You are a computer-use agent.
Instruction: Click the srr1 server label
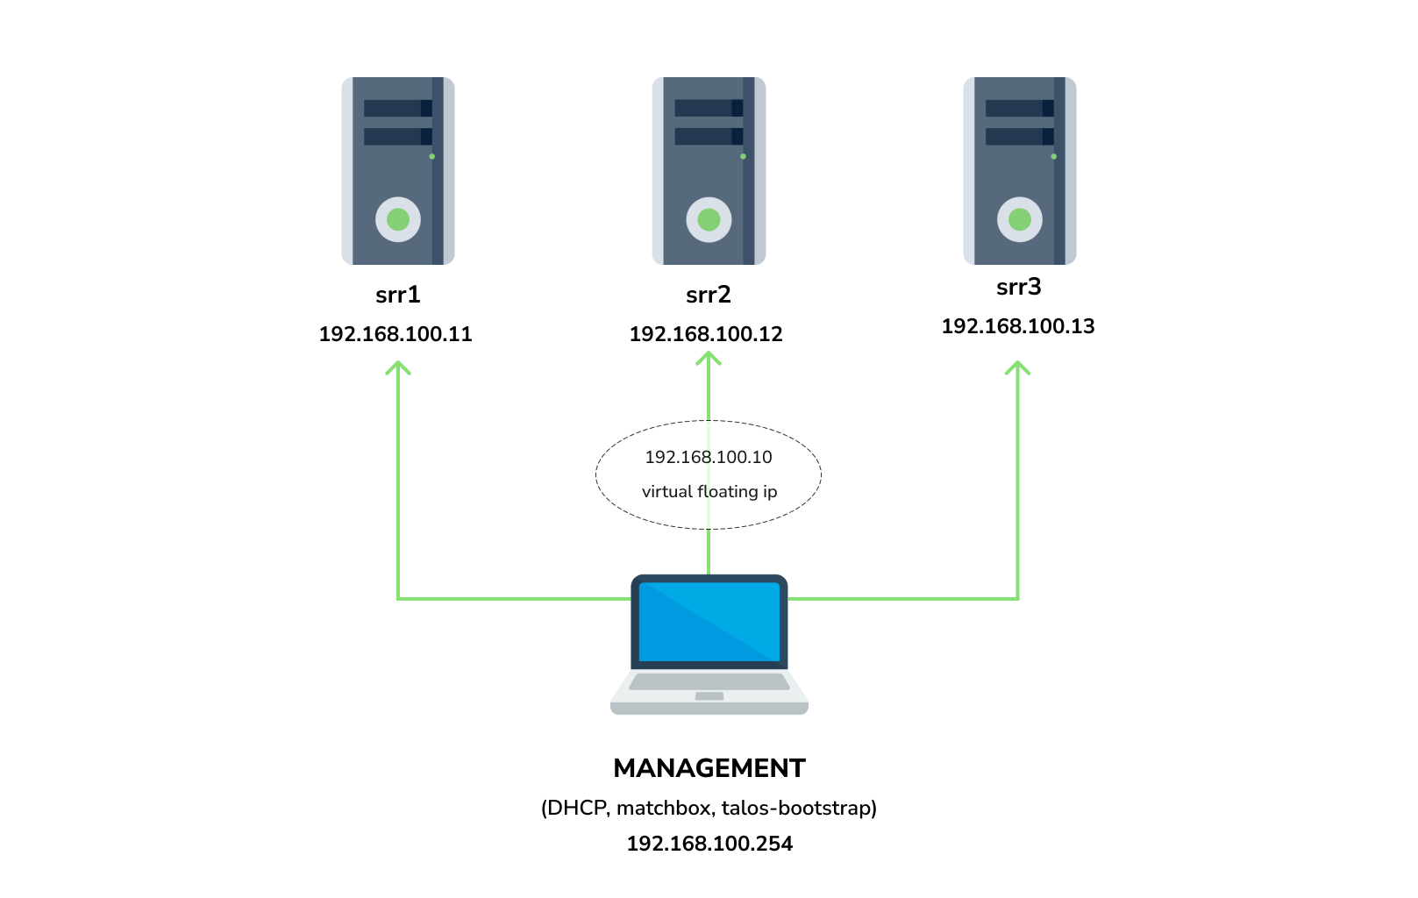397,295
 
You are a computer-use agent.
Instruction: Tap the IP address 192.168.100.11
395,334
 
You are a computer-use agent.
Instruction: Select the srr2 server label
708,295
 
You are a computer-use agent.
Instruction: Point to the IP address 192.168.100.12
706,334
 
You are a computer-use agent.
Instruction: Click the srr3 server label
1018,287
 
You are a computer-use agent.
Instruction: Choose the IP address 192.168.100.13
1017,326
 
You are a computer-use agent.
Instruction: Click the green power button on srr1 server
398,219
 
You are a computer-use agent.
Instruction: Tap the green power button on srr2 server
709,219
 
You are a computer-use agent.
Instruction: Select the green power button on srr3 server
1019,219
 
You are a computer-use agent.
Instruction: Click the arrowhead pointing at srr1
398,367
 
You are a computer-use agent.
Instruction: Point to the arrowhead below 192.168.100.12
709,358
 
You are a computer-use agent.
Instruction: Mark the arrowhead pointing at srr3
1017,367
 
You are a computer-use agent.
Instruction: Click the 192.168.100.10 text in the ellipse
709,457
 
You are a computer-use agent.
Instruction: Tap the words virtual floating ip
709,492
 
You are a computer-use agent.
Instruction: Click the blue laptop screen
709,622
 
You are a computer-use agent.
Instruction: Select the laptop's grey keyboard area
709,681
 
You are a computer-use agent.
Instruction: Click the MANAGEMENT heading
709,768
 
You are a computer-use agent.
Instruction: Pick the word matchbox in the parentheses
663,808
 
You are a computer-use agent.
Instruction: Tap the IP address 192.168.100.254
709,844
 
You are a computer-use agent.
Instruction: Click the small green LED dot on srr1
432,156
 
